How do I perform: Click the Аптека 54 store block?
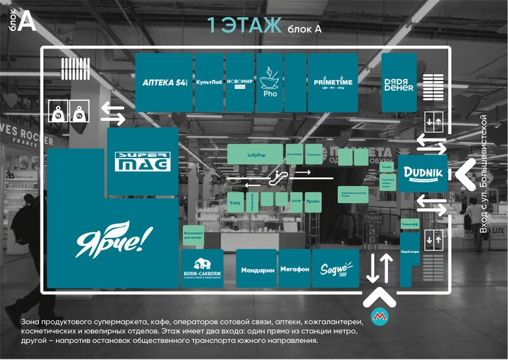coord(164,83)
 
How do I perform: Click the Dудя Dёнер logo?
coord(399,84)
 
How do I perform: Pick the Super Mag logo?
coord(142,161)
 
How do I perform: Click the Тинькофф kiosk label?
coord(408,225)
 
